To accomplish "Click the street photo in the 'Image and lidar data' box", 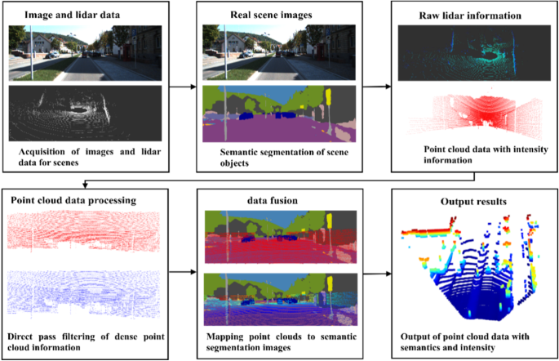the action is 87,53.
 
